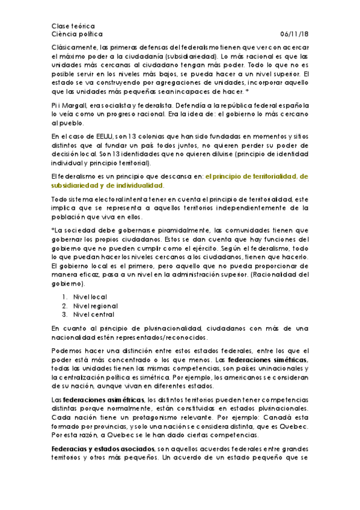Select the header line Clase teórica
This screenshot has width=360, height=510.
(73, 26)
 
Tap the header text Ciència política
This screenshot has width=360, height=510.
(78, 35)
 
